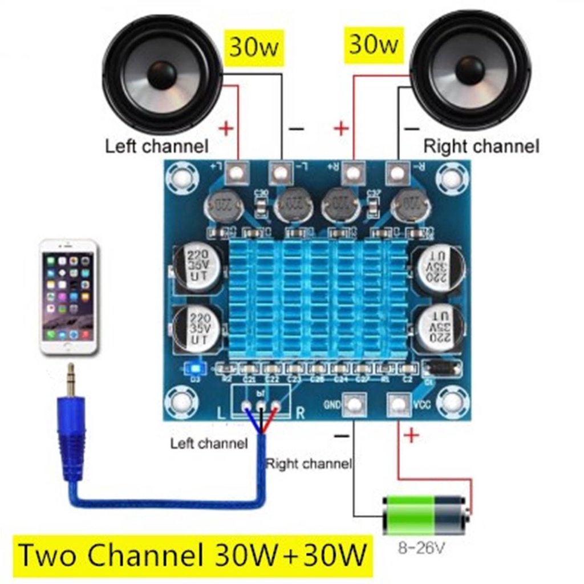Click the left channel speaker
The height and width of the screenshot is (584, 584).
162,75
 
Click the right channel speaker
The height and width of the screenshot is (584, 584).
470,70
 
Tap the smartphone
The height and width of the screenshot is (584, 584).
69,297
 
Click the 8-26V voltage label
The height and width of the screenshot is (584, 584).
421,549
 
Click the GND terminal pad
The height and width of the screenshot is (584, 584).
354,404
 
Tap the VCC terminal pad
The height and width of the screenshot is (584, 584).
399,404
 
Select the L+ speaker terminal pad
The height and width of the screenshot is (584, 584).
237,171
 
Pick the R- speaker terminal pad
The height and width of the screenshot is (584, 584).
398,171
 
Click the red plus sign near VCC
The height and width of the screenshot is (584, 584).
411,436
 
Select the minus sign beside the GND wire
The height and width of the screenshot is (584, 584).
341,436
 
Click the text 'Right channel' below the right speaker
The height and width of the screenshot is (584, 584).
480,146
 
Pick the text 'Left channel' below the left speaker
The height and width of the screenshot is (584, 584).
156,146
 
